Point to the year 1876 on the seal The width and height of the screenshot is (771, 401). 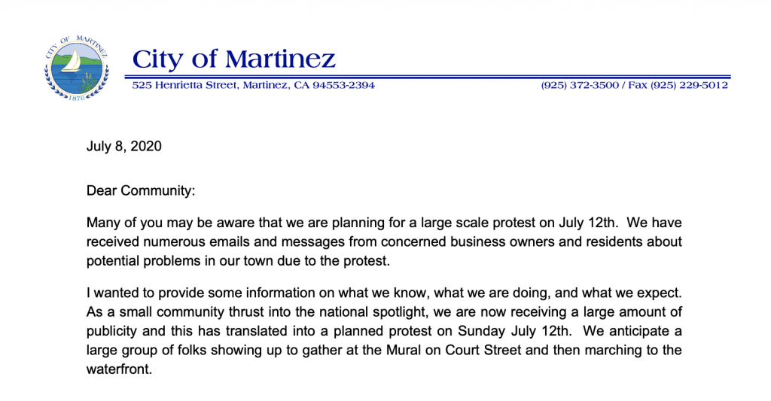point(77,99)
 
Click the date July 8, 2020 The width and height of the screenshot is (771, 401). point(124,147)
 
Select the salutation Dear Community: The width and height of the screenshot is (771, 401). point(141,190)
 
